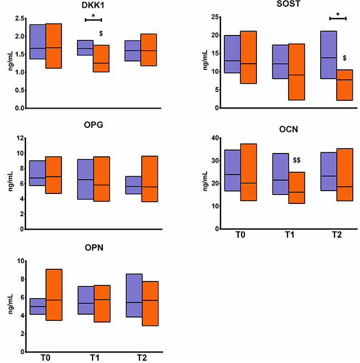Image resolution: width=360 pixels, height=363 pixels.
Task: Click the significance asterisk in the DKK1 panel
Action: [x=93, y=16]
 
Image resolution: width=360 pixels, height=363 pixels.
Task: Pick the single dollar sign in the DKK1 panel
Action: [x=101, y=34]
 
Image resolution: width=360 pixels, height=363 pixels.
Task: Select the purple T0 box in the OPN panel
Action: [x=38, y=306]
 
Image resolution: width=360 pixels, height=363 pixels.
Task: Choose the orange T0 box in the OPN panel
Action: [x=54, y=294]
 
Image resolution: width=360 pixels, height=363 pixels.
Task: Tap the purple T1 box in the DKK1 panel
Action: [x=85, y=48]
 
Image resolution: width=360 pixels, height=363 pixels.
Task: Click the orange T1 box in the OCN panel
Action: [x=297, y=188]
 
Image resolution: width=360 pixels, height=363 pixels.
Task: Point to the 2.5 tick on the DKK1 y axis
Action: [x=19, y=18]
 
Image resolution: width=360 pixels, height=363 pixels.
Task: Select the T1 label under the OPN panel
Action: [x=93, y=358]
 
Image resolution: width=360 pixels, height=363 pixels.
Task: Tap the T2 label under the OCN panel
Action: [x=337, y=235]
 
